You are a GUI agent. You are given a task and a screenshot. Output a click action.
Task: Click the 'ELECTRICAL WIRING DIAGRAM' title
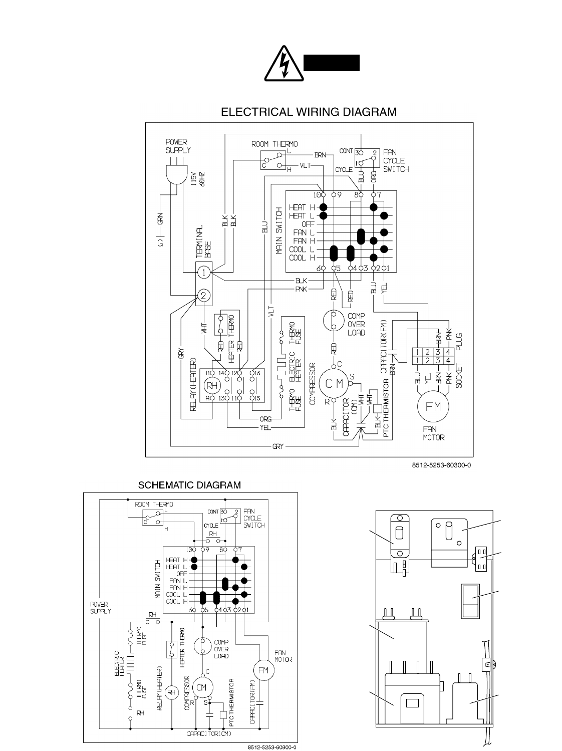point(309,112)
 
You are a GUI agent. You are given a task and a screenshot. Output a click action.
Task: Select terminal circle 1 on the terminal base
point(203,272)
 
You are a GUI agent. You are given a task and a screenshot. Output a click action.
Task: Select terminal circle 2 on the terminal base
point(203,296)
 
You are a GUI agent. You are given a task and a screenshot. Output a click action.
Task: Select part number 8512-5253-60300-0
point(441,465)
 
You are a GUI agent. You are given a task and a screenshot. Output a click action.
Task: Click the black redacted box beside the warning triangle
point(332,63)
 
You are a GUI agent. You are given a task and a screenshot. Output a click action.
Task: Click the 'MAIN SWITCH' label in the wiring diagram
point(279,232)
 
